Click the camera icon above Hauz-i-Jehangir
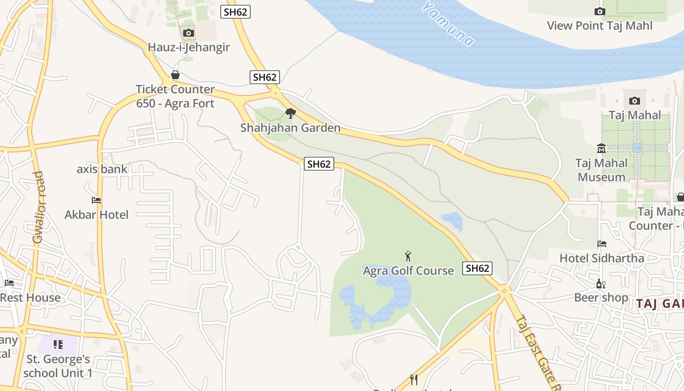pyautogui.click(x=189, y=33)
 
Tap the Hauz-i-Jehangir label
pyautogui.click(x=189, y=47)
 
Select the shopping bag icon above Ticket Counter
pyautogui.click(x=175, y=75)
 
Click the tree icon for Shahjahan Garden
pyautogui.click(x=291, y=113)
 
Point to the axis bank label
pyautogui.click(x=102, y=169)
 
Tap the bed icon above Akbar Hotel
pyautogui.click(x=96, y=200)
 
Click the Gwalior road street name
pyautogui.click(x=38, y=207)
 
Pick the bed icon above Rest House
pyautogui.click(x=9, y=283)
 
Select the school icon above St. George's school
pyautogui.click(x=58, y=345)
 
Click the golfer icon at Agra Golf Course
pyautogui.click(x=408, y=256)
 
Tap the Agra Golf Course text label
pyautogui.click(x=408, y=270)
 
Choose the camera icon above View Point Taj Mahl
pyautogui.click(x=599, y=11)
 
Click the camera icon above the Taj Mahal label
pyautogui.click(x=635, y=101)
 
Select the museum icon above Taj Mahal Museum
pyautogui.click(x=601, y=148)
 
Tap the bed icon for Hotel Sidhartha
pyautogui.click(x=602, y=243)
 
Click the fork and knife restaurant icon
pyautogui.click(x=414, y=379)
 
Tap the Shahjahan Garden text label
pyautogui.click(x=290, y=128)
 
